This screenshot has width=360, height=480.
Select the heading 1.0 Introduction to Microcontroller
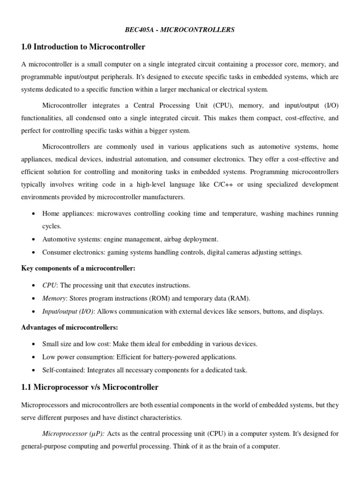(x=83, y=47)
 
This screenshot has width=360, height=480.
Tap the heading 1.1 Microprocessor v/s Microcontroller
(x=90, y=387)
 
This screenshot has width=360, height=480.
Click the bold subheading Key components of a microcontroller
(x=78, y=269)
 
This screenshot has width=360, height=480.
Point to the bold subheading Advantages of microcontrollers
(x=70, y=327)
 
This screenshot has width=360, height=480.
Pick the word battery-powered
(x=197, y=357)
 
